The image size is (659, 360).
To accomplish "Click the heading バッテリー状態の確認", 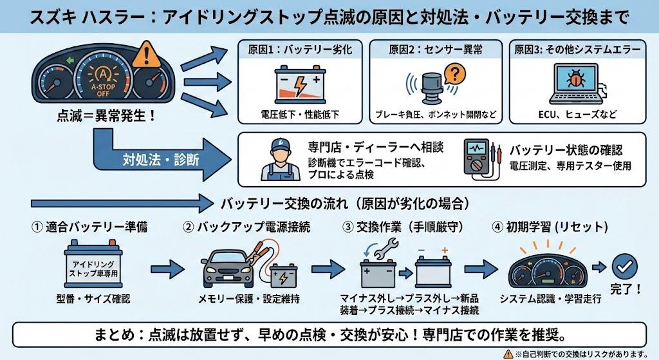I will (x=566, y=149).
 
